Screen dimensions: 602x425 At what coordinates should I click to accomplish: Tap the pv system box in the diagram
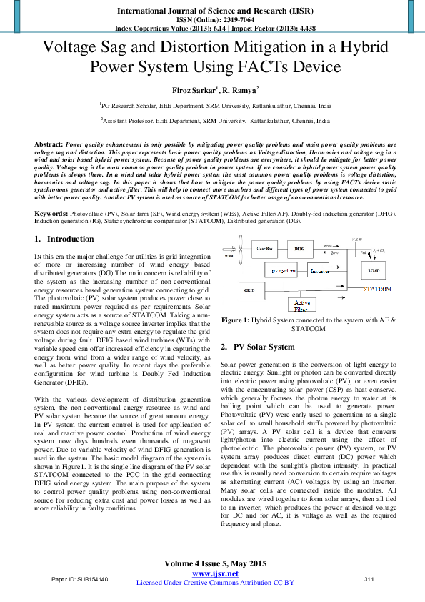284,271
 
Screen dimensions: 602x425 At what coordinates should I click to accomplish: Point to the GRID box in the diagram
249,291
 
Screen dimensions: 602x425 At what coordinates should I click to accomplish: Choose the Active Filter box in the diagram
301,305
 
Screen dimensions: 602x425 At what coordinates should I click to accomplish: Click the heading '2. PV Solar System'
257,347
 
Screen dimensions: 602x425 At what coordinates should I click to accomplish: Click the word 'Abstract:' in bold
49,144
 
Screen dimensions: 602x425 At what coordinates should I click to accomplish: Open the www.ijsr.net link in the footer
215,574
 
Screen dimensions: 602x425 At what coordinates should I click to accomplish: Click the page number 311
369,578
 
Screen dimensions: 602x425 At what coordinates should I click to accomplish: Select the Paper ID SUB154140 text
80,578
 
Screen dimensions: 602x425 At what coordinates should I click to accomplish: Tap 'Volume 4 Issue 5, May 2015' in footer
215,563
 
